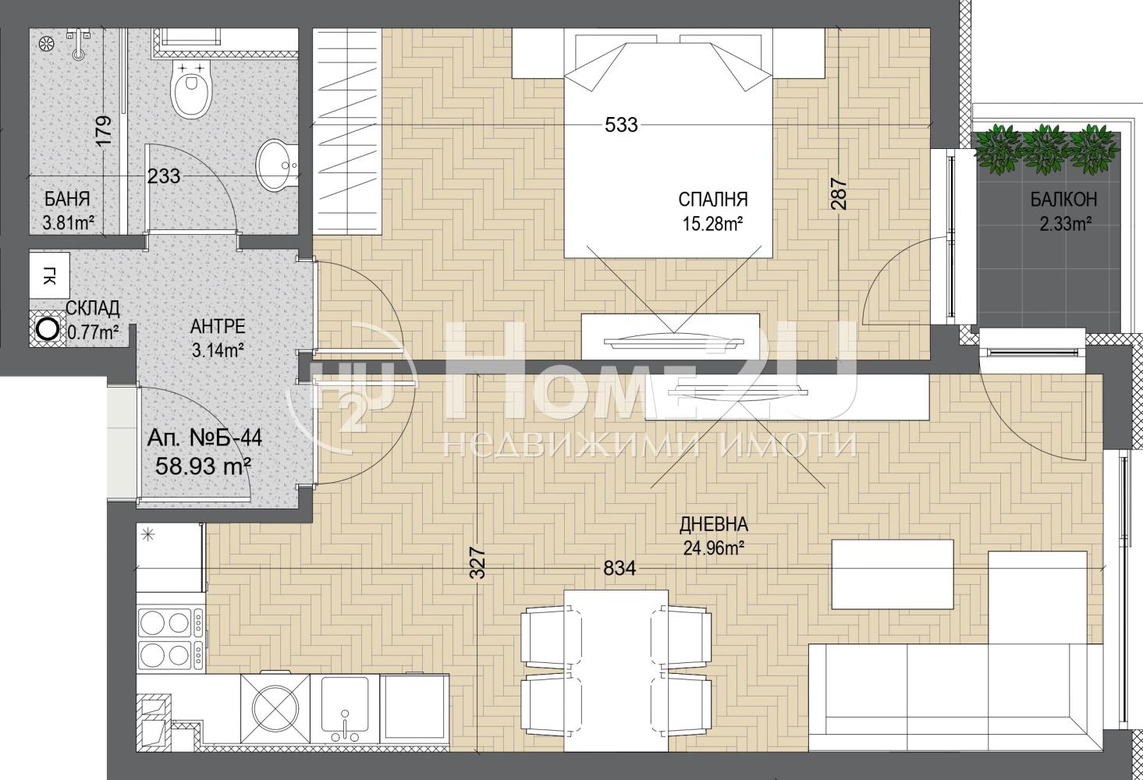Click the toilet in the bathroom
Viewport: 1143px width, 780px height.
point(191,90)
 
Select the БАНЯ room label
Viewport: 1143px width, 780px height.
point(67,199)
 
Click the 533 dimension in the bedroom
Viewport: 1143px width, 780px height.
point(621,125)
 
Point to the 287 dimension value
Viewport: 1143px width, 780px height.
point(839,193)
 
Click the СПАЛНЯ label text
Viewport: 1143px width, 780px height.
point(713,200)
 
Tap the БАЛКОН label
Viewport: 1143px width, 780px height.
point(1063,200)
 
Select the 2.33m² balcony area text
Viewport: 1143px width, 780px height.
point(1066,224)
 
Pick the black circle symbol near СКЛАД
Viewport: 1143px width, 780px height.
point(48,329)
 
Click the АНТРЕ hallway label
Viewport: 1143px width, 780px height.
point(218,327)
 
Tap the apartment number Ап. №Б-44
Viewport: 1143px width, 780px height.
point(204,438)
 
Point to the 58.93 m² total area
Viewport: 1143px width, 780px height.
point(203,466)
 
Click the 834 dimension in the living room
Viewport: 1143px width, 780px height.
point(619,568)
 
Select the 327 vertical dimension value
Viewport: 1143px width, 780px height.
point(477,562)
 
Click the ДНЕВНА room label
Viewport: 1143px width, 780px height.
point(713,524)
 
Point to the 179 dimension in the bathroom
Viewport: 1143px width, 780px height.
point(104,133)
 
